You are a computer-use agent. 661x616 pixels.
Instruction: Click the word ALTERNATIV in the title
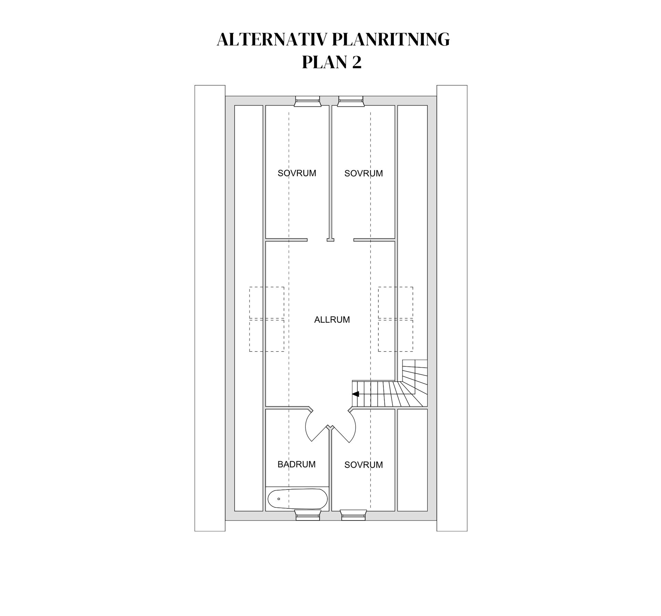(x=271, y=40)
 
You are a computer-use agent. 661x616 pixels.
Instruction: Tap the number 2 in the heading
(x=357, y=62)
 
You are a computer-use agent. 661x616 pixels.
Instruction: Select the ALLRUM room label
(x=332, y=320)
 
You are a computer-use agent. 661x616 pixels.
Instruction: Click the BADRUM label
(x=296, y=464)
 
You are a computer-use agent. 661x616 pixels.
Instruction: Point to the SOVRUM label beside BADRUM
(x=364, y=465)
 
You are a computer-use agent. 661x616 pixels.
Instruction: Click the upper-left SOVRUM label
(x=297, y=173)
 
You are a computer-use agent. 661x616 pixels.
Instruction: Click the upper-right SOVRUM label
(x=364, y=173)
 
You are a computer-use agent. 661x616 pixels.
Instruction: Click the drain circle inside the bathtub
(x=279, y=499)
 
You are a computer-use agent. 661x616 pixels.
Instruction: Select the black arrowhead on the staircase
(x=356, y=394)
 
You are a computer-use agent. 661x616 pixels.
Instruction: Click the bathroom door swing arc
(x=307, y=431)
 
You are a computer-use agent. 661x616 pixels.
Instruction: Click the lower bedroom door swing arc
(x=354, y=431)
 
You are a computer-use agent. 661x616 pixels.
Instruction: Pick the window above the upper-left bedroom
(x=308, y=101)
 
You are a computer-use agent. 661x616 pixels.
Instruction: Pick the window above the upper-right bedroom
(x=351, y=101)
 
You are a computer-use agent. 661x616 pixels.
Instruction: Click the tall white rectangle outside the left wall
(x=210, y=308)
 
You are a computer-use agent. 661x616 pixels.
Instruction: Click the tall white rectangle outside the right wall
(x=452, y=308)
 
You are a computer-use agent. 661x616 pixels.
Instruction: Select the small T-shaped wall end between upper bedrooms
(x=330, y=240)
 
